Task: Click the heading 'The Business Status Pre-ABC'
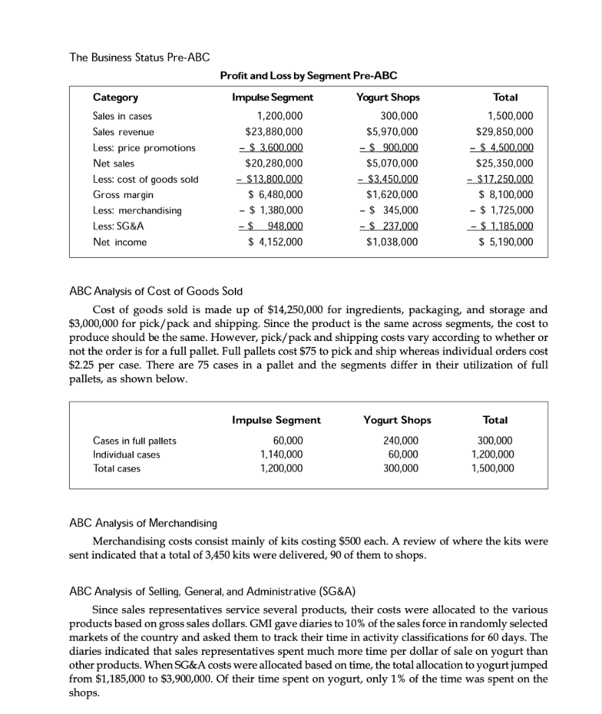pos(139,56)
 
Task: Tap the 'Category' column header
pos(115,98)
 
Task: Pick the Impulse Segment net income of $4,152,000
pos(275,242)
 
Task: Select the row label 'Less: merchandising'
pos(137,210)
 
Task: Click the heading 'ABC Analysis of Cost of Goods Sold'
pos(156,291)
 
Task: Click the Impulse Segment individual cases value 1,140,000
pos(279,455)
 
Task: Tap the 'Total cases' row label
pos(116,469)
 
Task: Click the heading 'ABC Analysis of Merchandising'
pos(144,523)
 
